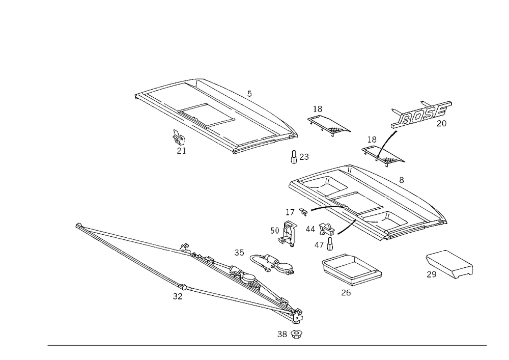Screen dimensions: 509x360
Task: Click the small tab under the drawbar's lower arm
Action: pos(177,295)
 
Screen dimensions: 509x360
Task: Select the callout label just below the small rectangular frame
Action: pos(346,292)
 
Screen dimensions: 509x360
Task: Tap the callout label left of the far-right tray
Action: pos(432,274)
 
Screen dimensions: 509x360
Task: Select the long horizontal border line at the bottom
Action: pos(267,345)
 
